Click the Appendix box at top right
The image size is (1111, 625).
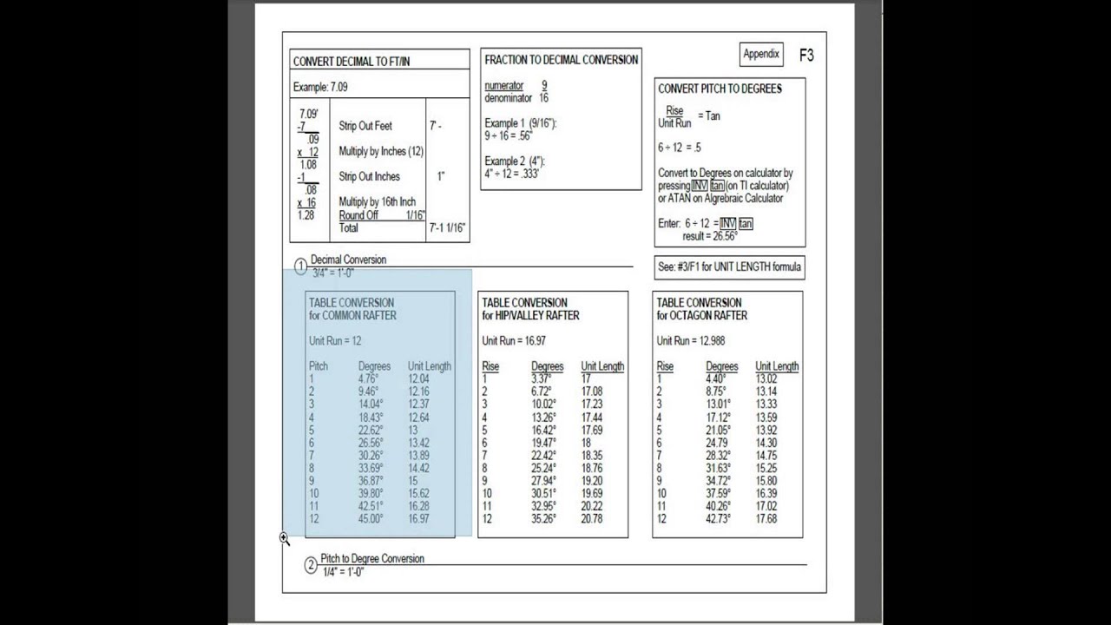[x=761, y=54]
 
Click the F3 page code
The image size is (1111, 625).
[x=806, y=55]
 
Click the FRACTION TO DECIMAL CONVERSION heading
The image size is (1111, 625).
[x=561, y=60]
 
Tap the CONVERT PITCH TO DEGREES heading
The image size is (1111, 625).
[x=720, y=89]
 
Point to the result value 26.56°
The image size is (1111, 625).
[x=721, y=236]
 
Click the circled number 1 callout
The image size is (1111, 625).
[x=301, y=266]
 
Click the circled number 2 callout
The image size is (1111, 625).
[x=311, y=566]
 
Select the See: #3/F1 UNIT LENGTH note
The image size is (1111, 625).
[x=729, y=266]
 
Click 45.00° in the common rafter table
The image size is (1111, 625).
[x=371, y=519]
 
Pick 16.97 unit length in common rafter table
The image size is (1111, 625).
[x=418, y=519]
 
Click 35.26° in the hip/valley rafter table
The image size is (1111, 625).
[x=543, y=519]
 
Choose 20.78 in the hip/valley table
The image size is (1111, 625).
[x=592, y=519]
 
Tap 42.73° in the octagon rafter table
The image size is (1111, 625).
[x=718, y=519]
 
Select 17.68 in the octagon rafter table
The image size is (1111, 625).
[x=766, y=519]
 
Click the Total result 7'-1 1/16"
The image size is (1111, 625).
[x=448, y=228]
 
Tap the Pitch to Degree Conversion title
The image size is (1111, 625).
[x=372, y=558]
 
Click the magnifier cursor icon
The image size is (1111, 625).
[x=284, y=539]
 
